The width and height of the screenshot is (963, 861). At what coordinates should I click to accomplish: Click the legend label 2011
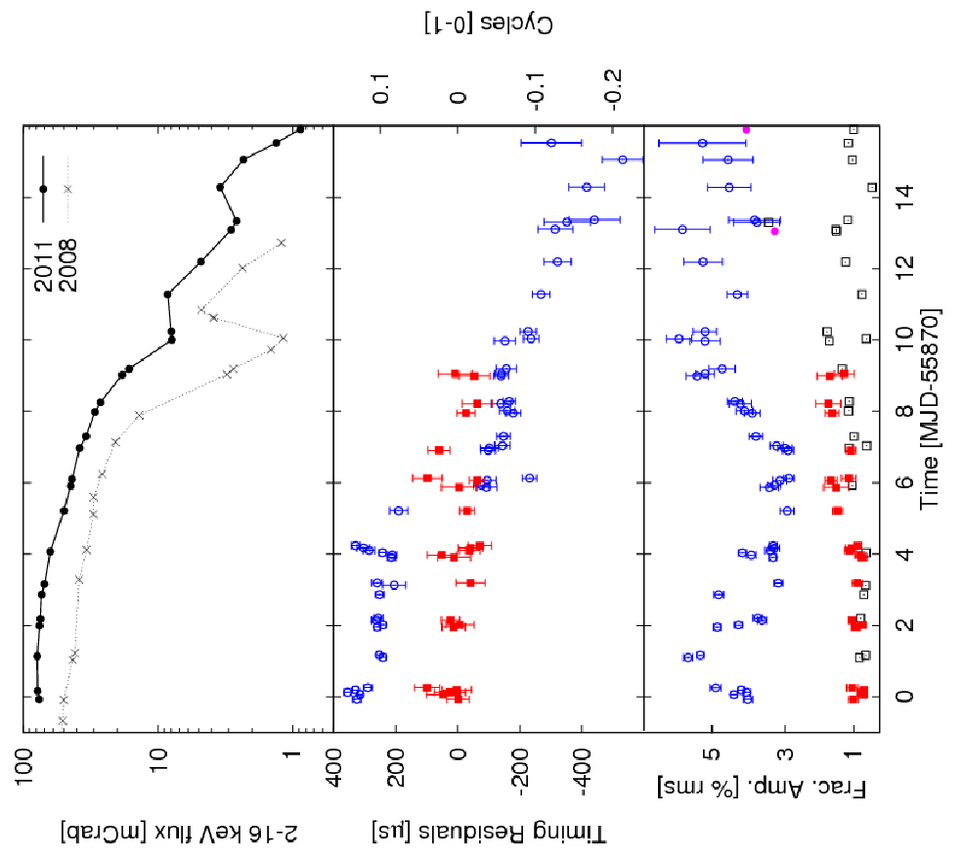(44, 265)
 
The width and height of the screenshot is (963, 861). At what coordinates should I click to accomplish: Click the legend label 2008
(66, 265)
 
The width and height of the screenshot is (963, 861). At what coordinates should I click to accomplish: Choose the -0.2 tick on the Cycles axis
(613, 90)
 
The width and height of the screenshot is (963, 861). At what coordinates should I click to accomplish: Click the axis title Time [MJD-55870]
(930, 409)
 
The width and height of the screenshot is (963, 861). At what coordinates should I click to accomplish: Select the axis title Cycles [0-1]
(489, 23)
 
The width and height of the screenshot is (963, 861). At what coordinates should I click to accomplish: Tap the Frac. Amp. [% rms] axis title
(762, 789)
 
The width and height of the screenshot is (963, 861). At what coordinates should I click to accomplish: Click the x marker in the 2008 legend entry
(67, 189)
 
